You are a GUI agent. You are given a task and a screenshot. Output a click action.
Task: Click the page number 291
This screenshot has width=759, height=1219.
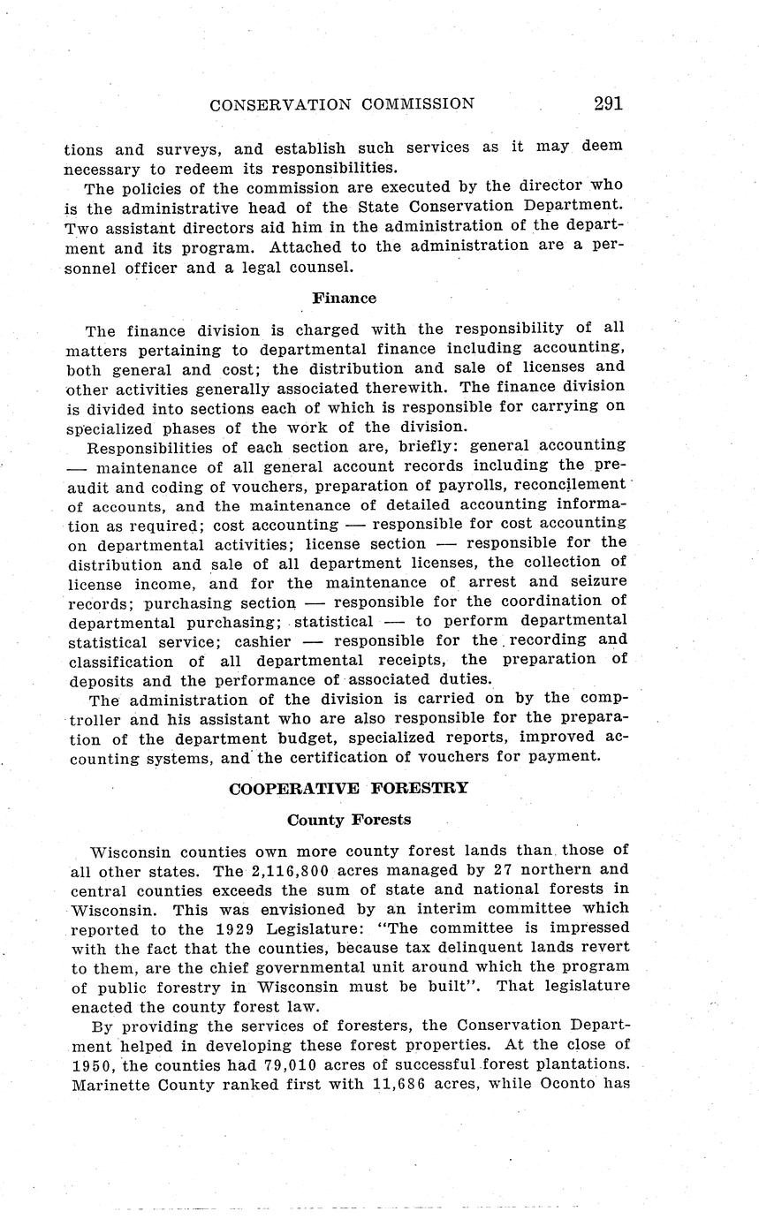(x=608, y=103)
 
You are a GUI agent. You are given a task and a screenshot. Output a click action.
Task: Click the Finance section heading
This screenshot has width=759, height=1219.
(x=344, y=298)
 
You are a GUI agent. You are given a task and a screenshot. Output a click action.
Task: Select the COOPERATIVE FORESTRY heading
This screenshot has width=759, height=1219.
(x=348, y=788)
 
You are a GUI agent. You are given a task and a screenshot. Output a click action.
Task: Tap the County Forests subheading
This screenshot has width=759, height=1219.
(x=349, y=819)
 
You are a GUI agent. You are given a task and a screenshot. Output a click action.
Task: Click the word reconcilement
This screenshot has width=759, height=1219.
(x=568, y=485)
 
